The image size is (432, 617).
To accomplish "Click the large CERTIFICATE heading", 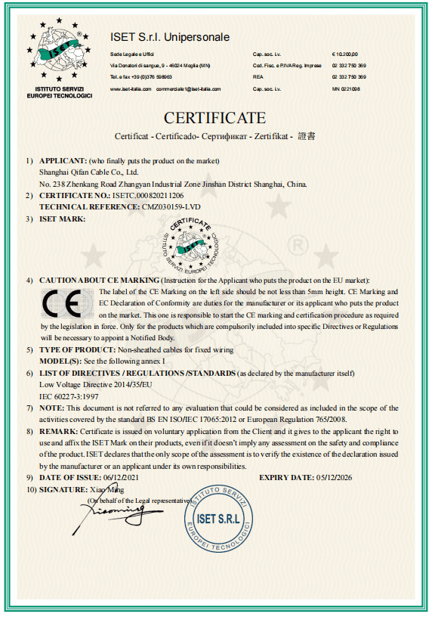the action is (x=215, y=118).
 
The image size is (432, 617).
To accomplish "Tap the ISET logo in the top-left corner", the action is (x=59, y=57).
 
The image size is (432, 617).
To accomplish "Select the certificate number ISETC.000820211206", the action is (x=148, y=195).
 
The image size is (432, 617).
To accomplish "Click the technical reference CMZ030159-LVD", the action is (x=173, y=206).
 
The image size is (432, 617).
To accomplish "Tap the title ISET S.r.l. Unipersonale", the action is (x=169, y=37).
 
